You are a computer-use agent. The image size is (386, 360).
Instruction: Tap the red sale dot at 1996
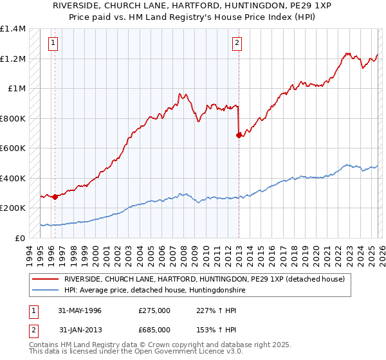click(x=55, y=197)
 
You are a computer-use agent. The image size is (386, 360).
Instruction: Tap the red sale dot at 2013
click(x=239, y=135)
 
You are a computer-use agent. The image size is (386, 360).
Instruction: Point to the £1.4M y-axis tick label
click(x=14, y=29)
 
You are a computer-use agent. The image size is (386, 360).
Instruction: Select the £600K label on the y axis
click(x=14, y=148)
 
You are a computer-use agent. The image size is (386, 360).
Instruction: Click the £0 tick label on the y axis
click(x=19, y=238)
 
